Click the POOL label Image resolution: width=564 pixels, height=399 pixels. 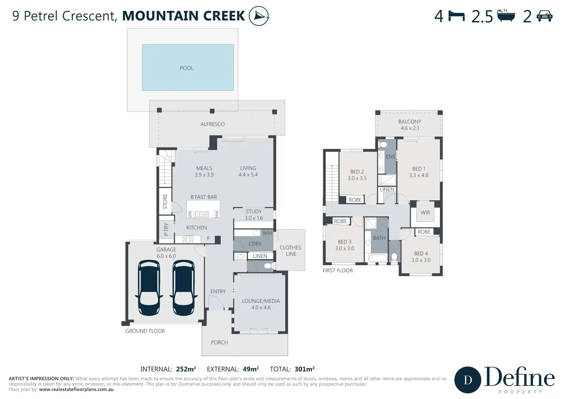186,68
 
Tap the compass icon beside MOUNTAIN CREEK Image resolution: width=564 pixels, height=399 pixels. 259,16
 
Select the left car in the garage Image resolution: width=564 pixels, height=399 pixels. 149,288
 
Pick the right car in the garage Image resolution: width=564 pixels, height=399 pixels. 184,288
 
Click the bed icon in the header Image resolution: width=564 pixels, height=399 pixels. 457,16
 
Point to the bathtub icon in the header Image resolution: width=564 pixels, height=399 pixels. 506,15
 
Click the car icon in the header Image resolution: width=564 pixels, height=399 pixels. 544,16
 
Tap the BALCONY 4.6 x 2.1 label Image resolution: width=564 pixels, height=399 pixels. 410,125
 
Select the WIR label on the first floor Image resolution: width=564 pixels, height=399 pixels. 425,213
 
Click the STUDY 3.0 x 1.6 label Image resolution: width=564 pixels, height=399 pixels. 254,215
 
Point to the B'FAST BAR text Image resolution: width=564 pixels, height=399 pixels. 204,197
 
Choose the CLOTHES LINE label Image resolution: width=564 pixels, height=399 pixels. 290,251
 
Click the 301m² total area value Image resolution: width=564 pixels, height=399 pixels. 304,369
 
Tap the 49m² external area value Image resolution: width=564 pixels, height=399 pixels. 251,369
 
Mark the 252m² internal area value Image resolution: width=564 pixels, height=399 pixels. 186,369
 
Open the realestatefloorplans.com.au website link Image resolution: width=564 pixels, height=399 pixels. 76,389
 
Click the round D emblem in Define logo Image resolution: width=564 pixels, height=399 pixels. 467,380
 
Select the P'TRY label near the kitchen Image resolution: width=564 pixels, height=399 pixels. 166,230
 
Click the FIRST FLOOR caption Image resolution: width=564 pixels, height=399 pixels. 338,271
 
